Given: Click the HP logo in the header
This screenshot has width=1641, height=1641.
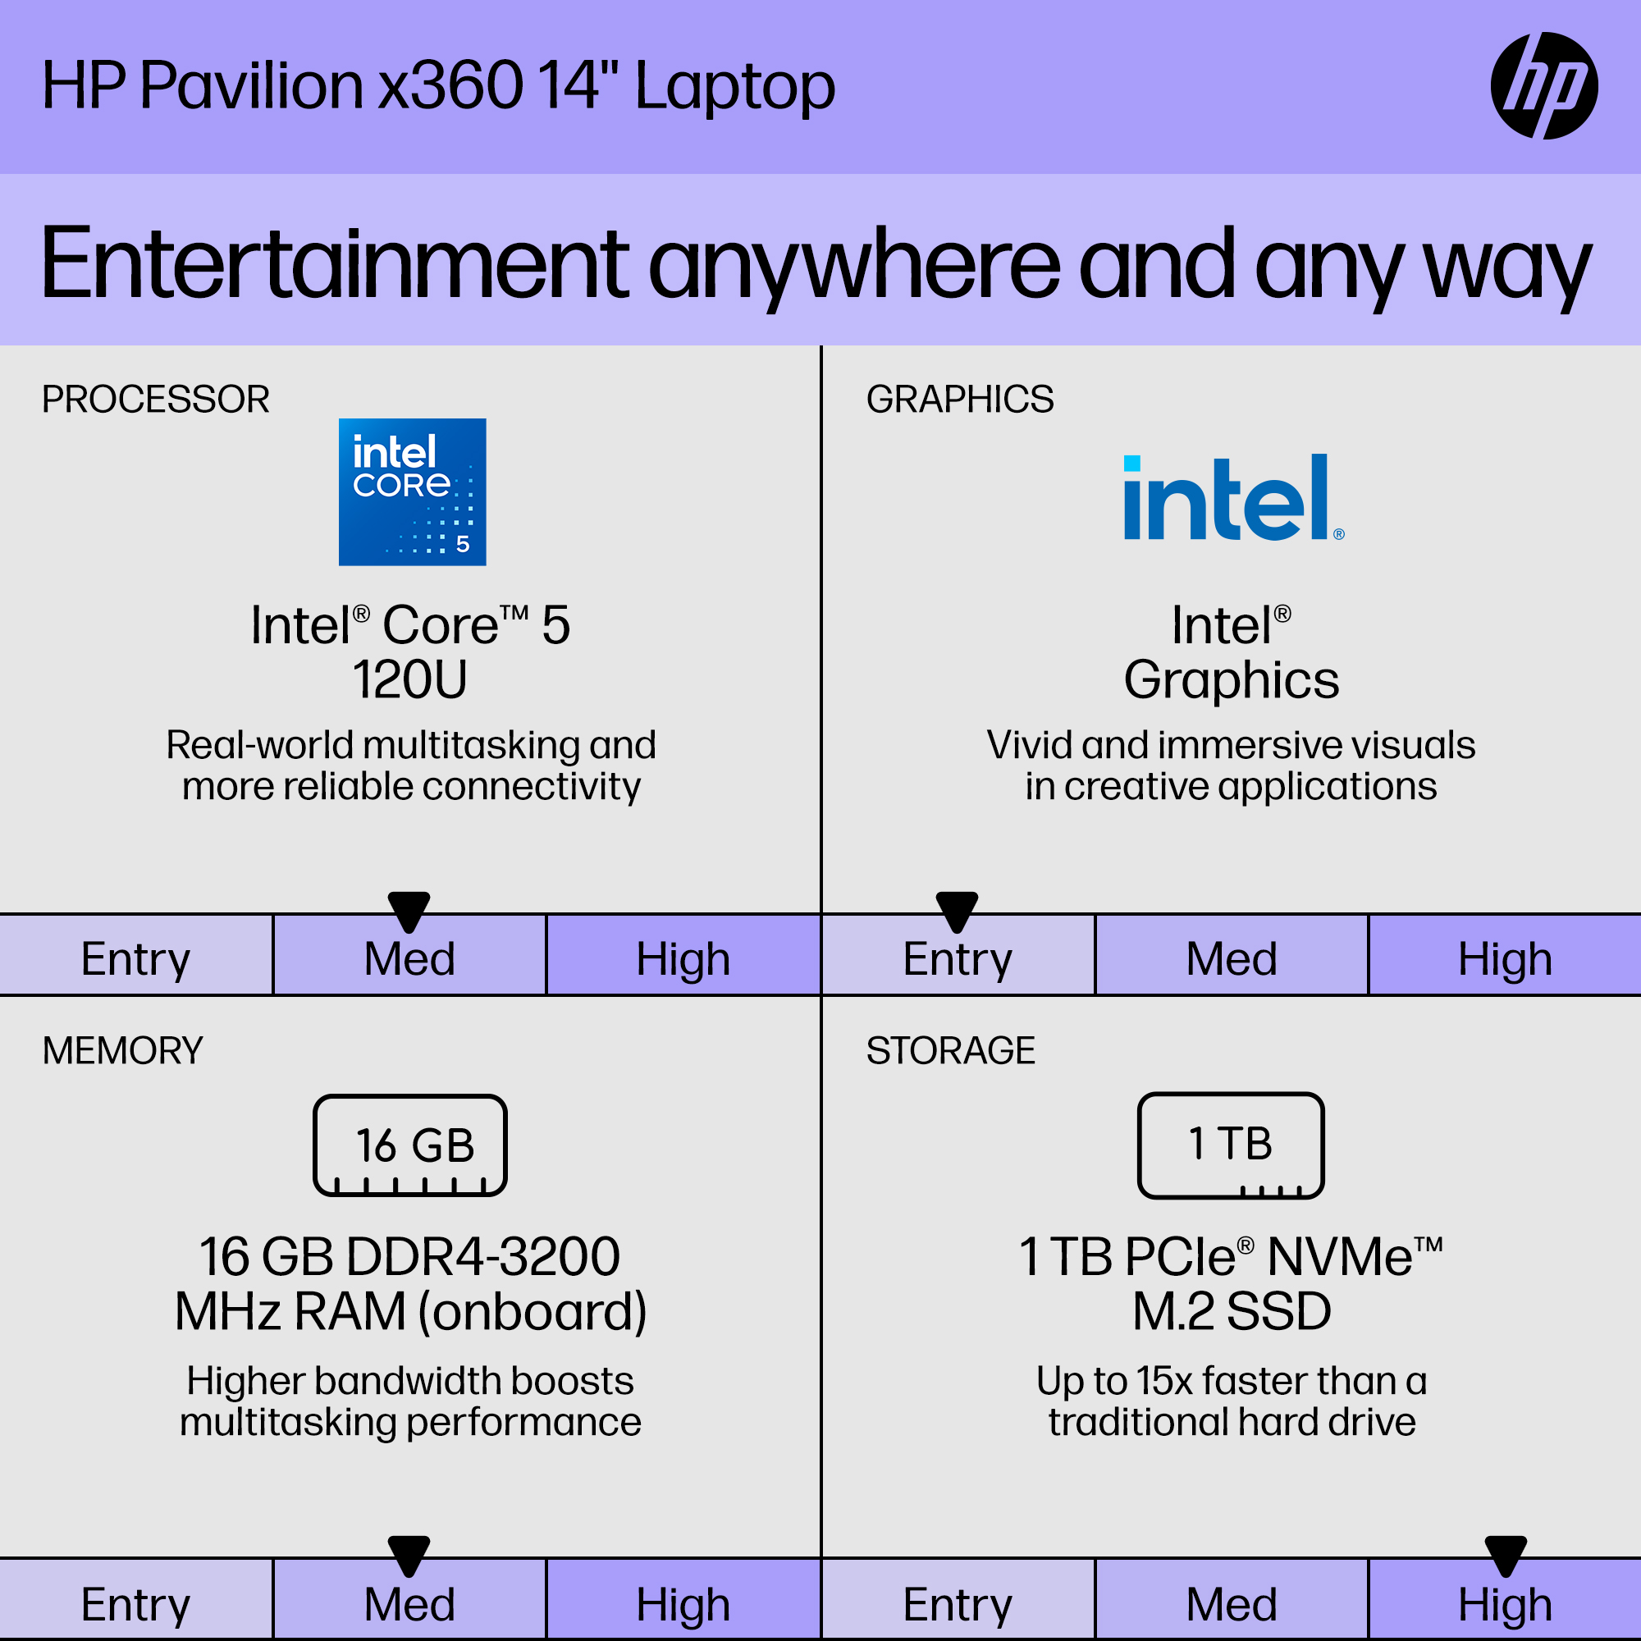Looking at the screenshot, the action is click(x=1544, y=86).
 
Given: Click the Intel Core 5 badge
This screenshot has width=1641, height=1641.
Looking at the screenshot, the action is click(x=412, y=491).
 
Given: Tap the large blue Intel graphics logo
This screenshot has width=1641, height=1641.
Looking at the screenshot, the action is click(x=1233, y=497).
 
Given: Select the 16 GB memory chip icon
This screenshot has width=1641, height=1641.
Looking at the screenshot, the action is click(x=410, y=1145).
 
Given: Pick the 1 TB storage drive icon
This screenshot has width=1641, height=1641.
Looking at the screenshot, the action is click(x=1231, y=1145).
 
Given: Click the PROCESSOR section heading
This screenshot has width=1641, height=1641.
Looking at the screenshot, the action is click(x=155, y=400).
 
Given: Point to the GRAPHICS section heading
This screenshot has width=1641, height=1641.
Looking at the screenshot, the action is click(x=960, y=400).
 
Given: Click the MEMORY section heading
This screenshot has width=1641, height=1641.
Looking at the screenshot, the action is click(x=123, y=1051).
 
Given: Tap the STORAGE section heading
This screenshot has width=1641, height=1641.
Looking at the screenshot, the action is click(x=950, y=1051).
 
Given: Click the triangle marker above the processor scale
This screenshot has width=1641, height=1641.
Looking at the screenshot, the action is click(x=409, y=911).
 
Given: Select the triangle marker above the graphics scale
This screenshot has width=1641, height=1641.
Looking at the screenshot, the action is click(x=958, y=911).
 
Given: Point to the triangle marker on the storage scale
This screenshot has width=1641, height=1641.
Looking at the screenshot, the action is click(x=1506, y=1555).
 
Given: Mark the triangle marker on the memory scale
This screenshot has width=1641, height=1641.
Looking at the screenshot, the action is click(x=409, y=1555).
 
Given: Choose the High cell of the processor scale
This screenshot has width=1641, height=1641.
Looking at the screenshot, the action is click(x=683, y=956).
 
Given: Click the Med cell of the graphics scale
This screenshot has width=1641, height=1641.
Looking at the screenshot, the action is click(x=1232, y=956).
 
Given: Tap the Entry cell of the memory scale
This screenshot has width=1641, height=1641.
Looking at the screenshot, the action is click(x=136, y=1600).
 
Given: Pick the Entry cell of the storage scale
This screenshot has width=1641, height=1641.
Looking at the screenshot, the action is click(x=958, y=1600).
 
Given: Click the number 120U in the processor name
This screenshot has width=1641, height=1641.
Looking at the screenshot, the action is click(x=410, y=679).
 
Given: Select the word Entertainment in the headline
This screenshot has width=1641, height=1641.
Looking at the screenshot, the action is click(x=335, y=264).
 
